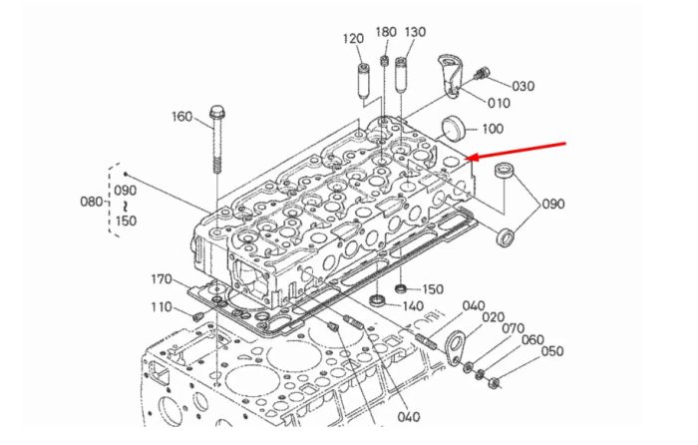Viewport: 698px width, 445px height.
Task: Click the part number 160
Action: (182, 117)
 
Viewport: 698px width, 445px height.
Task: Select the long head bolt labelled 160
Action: (216, 140)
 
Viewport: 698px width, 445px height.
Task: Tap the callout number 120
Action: (353, 39)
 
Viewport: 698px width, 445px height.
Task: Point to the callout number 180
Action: (386, 32)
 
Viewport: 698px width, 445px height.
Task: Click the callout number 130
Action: (415, 32)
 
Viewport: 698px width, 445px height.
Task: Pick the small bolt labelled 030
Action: (481, 74)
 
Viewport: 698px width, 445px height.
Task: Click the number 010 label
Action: (499, 104)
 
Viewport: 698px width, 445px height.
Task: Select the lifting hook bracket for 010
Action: (449, 75)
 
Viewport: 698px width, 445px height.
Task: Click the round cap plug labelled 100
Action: (453, 129)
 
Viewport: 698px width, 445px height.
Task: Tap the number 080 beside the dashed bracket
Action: (92, 202)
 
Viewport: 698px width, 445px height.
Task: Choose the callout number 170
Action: (162, 279)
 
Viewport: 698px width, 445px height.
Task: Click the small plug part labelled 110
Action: (197, 317)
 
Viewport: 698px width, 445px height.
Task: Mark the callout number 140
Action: (413, 306)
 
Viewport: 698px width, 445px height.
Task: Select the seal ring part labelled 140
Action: (378, 300)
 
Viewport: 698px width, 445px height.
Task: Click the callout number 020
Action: (494, 317)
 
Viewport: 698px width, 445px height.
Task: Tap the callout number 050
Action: (552, 351)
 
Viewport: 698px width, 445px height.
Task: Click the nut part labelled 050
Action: (494, 382)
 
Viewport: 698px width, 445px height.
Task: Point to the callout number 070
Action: (514, 328)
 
